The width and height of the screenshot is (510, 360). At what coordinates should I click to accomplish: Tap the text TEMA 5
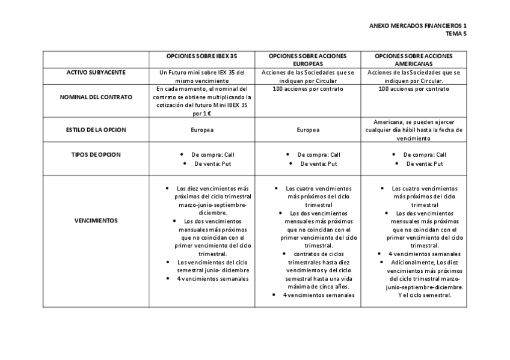(455, 34)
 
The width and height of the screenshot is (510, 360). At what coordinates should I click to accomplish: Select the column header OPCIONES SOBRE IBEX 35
(202, 56)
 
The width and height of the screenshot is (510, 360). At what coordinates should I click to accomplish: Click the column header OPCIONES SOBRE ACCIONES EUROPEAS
(308, 59)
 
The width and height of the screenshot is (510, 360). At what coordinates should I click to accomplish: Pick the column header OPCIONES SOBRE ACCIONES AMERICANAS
(414, 59)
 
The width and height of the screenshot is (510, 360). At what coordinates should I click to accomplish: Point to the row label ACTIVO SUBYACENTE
(96, 72)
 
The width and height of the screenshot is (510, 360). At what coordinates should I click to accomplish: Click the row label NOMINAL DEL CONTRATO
(96, 97)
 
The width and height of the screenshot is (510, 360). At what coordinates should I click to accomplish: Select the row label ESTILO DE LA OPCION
(96, 130)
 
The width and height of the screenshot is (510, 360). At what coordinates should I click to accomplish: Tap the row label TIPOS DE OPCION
(96, 154)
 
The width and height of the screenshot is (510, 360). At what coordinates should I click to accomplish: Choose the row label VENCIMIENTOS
(96, 221)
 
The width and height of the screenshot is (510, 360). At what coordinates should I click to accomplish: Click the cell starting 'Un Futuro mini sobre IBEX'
(202, 76)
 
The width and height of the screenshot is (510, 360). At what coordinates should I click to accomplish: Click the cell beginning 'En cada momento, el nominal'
(202, 100)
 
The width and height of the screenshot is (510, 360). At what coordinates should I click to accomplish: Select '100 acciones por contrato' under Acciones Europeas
(308, 89)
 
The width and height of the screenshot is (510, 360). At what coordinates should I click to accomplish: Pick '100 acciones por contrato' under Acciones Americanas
(414, 89)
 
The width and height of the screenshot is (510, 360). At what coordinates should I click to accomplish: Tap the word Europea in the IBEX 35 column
(202, 130)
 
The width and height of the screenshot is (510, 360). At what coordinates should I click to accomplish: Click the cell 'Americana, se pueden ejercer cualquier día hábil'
(414, 130)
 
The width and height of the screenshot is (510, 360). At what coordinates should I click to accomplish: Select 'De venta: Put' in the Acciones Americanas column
(425, 163)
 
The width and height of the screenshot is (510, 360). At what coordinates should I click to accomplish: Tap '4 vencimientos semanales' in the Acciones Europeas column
(319, 295)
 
